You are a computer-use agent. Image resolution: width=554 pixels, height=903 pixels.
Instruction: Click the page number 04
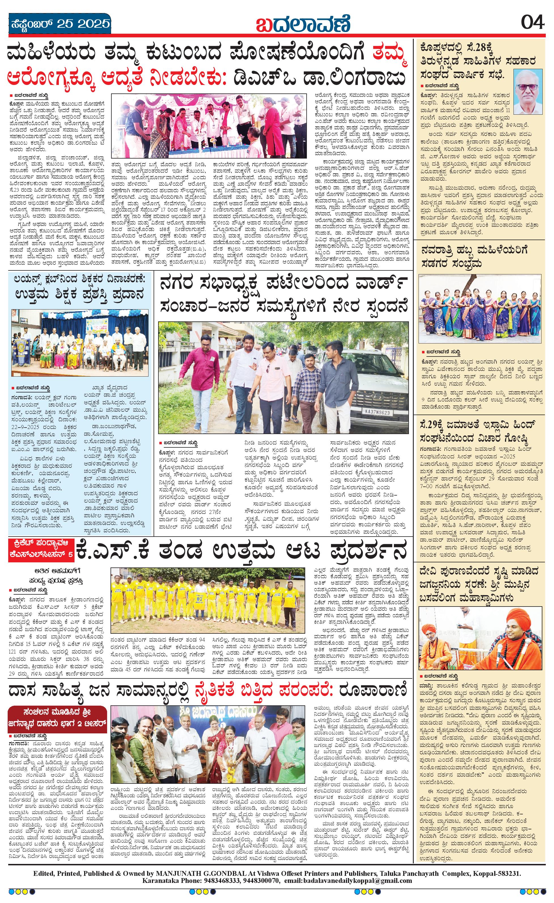532,23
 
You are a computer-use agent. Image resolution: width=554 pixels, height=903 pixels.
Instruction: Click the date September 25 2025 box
60,24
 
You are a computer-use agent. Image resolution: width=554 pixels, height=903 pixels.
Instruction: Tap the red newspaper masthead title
303,24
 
